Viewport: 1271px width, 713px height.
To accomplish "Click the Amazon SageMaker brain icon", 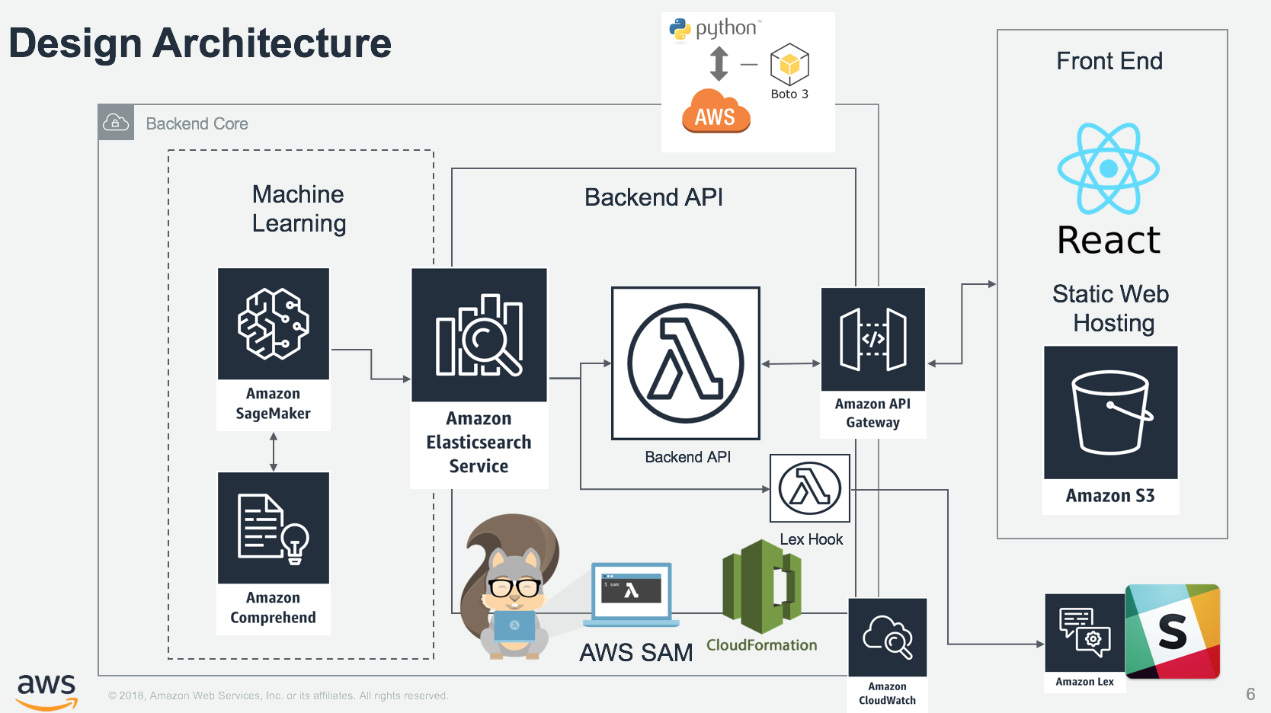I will coord(273,324).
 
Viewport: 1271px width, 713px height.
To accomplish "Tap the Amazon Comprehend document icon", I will coord(273,528).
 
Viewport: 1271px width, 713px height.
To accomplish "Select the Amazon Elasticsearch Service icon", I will coord(479,335).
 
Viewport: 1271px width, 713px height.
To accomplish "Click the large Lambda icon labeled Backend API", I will coord(685,363).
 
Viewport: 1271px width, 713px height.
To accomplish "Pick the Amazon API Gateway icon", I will coord(872,339).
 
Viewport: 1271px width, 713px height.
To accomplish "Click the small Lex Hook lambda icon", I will coord(809,488).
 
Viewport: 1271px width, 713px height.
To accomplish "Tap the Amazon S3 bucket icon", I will coord(1110,412).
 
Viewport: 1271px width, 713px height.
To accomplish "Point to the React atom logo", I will coord(1108,168).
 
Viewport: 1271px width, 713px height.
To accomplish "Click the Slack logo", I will coord(1173,631).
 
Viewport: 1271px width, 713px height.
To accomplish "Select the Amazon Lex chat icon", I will coord(1084,631).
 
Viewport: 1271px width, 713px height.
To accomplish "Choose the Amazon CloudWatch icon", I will coord(887,637).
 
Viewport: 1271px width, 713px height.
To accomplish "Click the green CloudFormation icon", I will coord(761,586).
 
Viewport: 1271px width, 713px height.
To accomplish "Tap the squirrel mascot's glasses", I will coord(514,587).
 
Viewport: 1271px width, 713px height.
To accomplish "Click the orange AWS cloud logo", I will coord(716,113).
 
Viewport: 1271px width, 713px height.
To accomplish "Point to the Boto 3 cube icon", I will coord(789,65).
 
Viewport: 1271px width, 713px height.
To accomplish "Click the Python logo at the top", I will coord(680,30).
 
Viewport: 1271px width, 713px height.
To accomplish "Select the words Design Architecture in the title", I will coord(200,43).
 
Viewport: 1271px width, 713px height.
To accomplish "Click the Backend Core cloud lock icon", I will coord(116,123).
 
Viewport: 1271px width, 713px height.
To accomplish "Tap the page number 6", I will coord(1250,694).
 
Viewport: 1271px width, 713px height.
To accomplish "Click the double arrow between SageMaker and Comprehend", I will coord(274,452).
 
